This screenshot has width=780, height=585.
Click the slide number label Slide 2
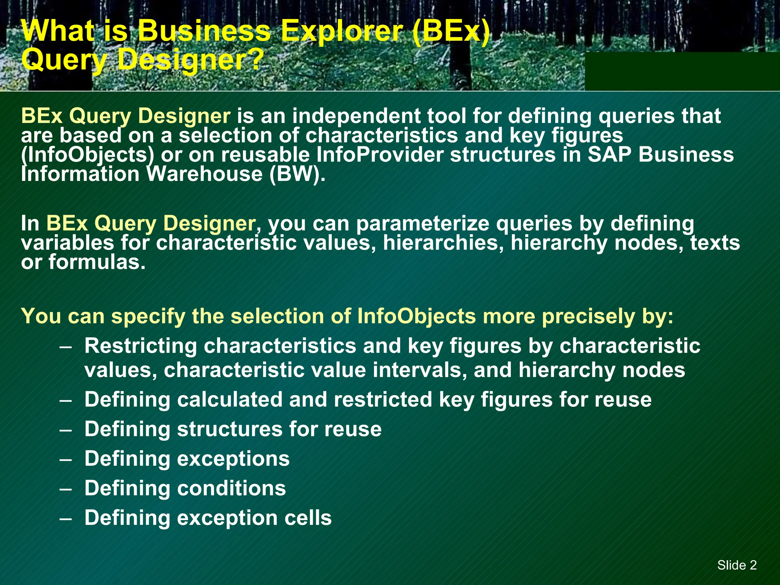coord(737,565)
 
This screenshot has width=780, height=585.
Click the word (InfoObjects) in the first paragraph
coord(88,155)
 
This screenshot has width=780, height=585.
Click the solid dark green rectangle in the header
coord(682,71)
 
